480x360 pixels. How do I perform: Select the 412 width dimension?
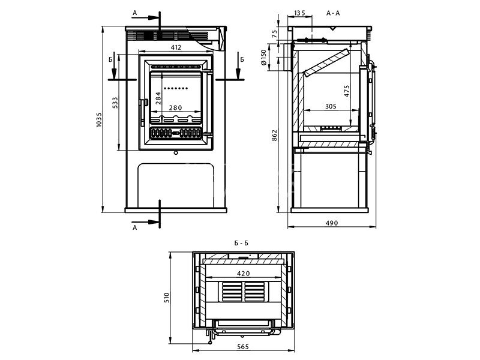(x=176, y=47)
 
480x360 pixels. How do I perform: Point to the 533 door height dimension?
(x=115, y=103)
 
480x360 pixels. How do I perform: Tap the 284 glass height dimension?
(x=158, y=98)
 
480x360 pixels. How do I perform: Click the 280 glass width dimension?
(x=175, y=108)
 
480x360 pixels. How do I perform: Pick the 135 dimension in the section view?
(x=300, y=12)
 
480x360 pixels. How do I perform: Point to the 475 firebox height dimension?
(x=347, y=91)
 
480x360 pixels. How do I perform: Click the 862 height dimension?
(x=275, y=136)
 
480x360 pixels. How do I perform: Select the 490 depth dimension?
(x=332, y=223)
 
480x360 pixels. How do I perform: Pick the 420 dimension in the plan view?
(x=244, y=274)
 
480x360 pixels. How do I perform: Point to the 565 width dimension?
(x=243, y=347)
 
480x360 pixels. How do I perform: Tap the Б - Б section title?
(x=242, y=243)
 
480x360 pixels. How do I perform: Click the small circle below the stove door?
(x=176, y=153)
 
